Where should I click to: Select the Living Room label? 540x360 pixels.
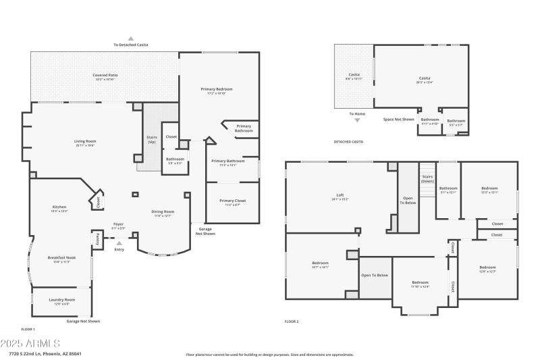coord(84,140)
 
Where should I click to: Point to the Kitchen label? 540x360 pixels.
coord(59,207)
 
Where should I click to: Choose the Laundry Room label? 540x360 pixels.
coord(61,299)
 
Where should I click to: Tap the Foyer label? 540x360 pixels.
coord(118,224)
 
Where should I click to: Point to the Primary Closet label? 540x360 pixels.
coord(232,201)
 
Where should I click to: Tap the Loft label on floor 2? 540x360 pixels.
coord(340,195)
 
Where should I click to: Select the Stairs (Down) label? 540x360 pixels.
coord(427,179)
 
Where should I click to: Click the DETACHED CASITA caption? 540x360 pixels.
coord(348,142)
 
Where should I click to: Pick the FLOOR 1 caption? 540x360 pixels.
coord(38,329)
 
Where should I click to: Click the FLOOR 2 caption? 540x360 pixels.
coord(292,322)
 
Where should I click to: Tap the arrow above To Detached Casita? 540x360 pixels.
coord(131,38)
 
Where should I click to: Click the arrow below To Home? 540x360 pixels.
coord(357,120)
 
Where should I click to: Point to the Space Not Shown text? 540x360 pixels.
coord(398,120)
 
